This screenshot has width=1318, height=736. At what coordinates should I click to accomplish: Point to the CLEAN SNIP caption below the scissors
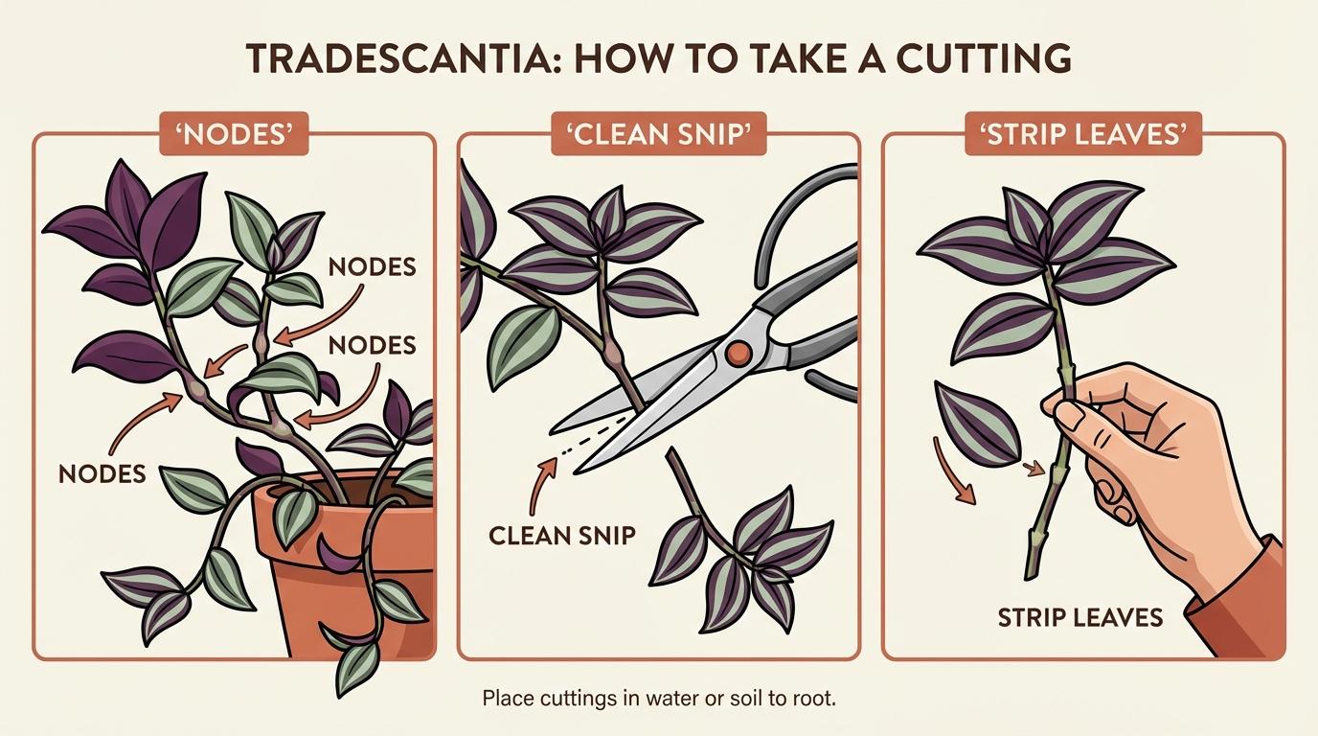coord(562,534)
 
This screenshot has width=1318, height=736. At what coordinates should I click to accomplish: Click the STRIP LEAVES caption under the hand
coord(1080,616)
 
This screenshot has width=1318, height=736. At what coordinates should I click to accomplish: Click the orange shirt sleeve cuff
coord(1245,604)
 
